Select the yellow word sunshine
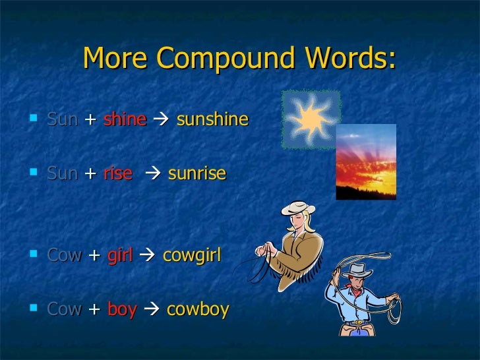click(212, 119)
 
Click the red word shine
click(125, 119)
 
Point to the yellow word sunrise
click(197, 173)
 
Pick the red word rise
click(118, 173)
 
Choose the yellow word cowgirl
click(191, 255)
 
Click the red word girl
click(120, 255)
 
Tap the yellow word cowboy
click(198, 309)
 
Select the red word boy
click(122, 309)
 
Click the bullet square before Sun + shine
click(34, 119)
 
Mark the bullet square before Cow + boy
click(34, 308)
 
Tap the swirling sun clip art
click(311, 119)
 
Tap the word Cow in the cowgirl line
click(65, 255)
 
